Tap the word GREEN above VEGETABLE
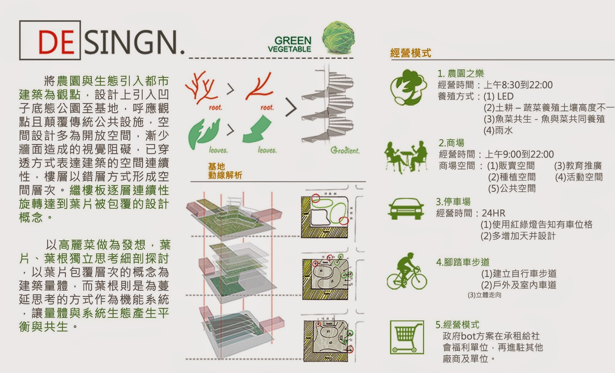click(293, 40)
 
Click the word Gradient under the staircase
click(345, 151)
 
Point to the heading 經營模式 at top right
click(411, 53)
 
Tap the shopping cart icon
click(407, 337)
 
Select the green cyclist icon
click(407, 271)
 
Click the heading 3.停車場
click(453, 202)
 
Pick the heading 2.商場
click(451, 143)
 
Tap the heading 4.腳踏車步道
click(463, 262)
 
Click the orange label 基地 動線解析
click(225, 171)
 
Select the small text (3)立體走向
click(484, 295)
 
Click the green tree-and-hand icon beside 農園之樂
click(408, 87)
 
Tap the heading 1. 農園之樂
click(460, 73)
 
